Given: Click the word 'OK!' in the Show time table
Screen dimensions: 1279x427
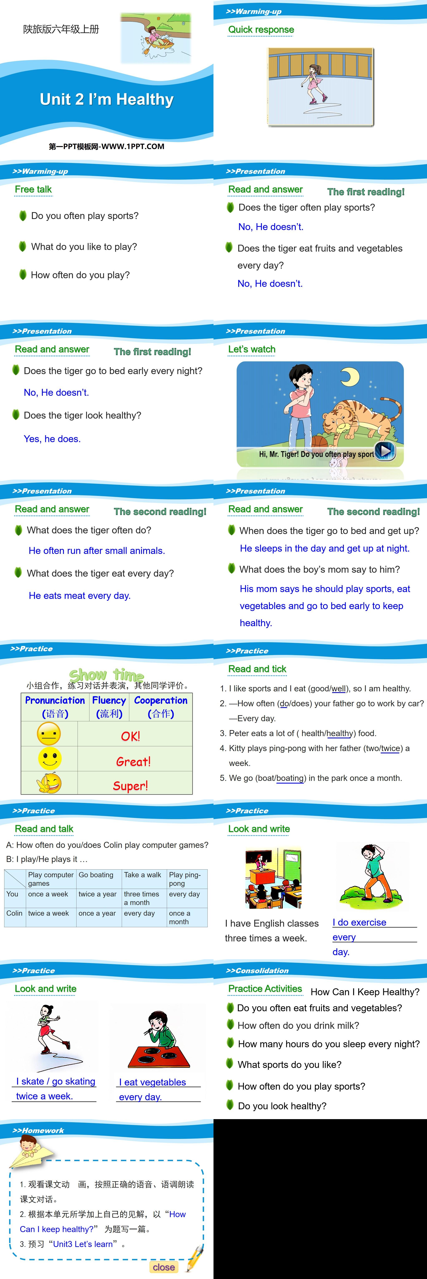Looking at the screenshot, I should pyautogui.click(x=130, y=736).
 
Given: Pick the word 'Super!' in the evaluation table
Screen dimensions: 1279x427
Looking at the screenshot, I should pyautogui.click(x=130, y=785).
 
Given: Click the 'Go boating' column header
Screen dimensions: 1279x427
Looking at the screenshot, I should pyautogui.click(x=96, y=875).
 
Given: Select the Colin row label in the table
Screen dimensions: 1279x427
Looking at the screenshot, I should pyautogui.click(x=14, y=913).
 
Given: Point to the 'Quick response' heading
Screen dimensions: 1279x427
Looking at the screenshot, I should pyautogui.click(x=261, y=30).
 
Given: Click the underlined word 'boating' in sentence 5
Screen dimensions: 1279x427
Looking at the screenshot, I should pyautogui.click(x=290, y=778).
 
